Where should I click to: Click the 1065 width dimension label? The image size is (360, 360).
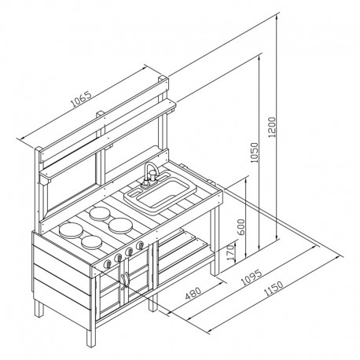coord(82,99)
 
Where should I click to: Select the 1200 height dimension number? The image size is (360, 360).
coord(273,127)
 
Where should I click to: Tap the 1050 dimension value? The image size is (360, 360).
coord(254,152)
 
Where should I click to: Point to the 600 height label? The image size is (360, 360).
coord(241,226)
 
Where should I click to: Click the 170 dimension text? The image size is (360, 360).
coord(231,252)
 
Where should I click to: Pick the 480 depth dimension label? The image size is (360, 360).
coord(193,293)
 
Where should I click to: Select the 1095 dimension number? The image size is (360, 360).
coord(252,277)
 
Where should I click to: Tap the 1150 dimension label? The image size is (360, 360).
coord(274,288)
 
